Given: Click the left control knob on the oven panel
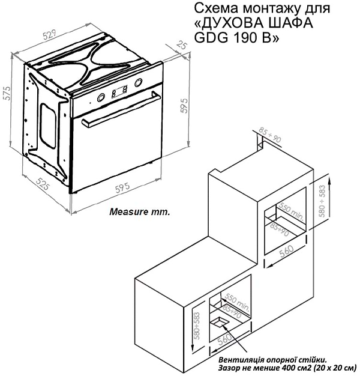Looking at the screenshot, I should (101, 97).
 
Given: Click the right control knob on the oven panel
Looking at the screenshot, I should (139, 83).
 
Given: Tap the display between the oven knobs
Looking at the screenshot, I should (119, 91).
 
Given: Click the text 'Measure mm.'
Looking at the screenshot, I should (140, 212).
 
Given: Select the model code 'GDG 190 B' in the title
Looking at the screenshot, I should (236, 37).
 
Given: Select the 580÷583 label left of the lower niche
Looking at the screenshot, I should (197, 326).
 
